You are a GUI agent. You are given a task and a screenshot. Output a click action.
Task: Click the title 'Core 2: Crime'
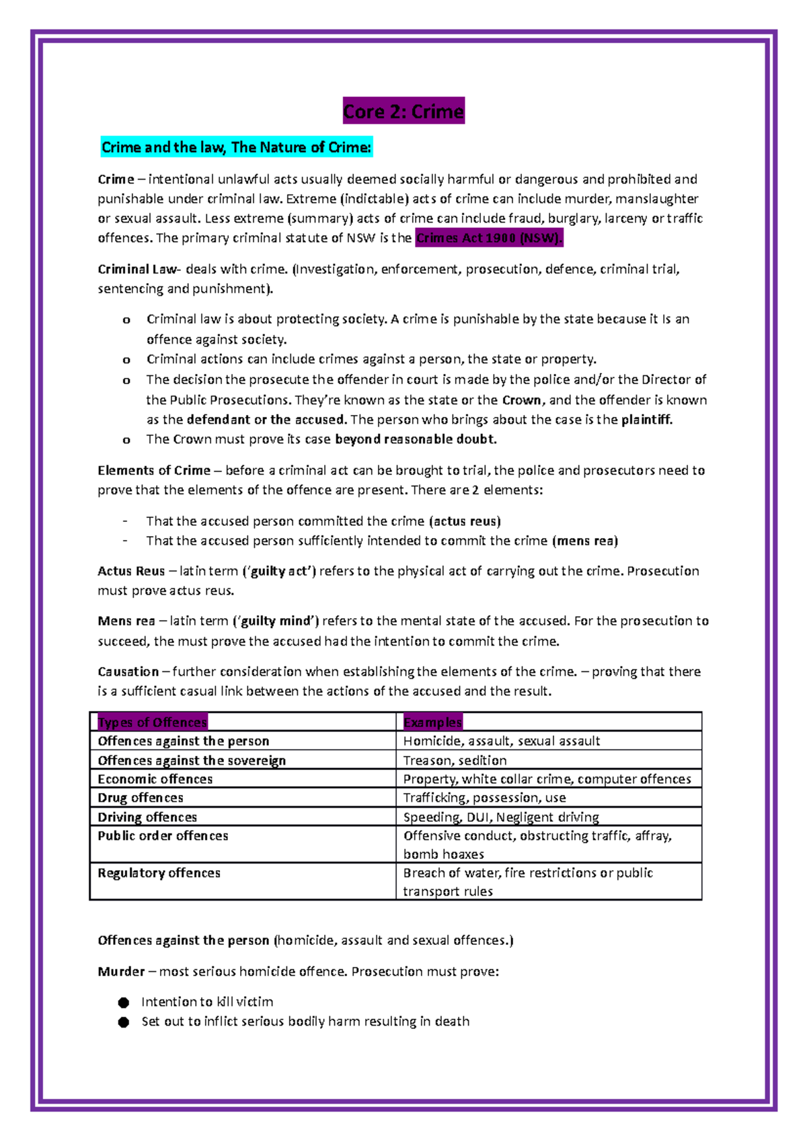(403, 112)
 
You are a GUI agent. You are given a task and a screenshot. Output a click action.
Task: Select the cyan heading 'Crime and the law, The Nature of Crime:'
(236, 147)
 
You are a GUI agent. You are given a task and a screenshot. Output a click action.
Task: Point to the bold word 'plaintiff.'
(646, 420)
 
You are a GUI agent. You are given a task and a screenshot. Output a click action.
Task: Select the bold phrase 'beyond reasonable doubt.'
(416, 440)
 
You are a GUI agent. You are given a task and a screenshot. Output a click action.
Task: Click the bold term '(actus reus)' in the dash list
(465, 521)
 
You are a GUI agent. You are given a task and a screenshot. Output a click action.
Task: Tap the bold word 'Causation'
(128, 672)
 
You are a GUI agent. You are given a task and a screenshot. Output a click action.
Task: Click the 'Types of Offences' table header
(153, 722)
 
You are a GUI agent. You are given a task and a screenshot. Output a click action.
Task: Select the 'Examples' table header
(432, 722)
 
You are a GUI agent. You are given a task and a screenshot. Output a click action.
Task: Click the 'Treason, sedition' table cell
(455, 761)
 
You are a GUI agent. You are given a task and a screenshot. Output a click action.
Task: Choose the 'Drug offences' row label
(141, 798)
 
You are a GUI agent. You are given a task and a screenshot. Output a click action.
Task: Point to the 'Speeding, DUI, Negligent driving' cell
(501, 817)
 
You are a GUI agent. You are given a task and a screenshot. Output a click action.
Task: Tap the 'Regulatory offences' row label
(159, 873)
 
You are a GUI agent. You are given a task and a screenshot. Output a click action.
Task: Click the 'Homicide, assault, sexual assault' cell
(502, 741)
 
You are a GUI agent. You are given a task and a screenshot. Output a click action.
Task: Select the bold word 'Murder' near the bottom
(121, 972)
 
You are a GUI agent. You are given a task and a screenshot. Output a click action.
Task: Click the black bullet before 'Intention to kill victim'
(123, 1003)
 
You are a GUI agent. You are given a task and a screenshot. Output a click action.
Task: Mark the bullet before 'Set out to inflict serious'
(123, 1022)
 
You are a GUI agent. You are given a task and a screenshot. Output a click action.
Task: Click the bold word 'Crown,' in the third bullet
(523, 400)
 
